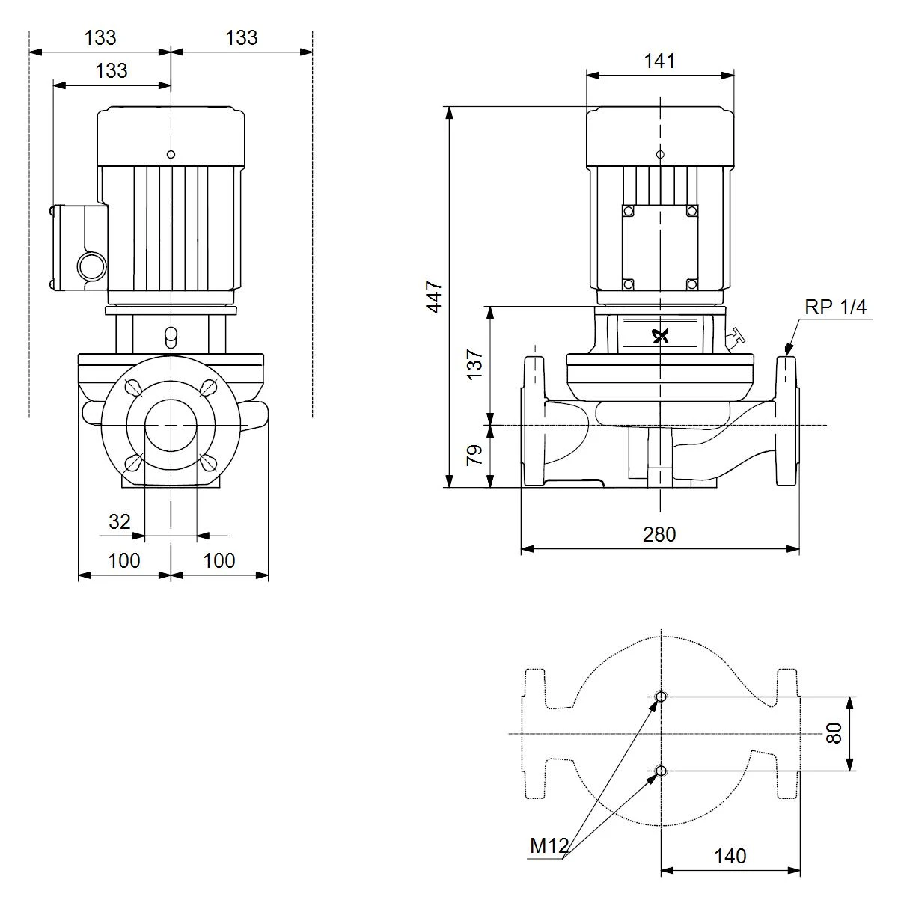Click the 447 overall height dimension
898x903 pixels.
[434, 296]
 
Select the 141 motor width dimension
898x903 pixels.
[659, 61]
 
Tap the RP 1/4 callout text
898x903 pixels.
[835, 307]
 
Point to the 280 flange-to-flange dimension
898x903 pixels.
[659, 534]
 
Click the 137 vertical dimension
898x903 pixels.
[474, 364]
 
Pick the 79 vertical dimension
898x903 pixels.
[474, 455]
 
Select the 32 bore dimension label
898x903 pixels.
[119, 521]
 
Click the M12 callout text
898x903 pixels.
[549, 846]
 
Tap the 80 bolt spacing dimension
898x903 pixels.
[834, 733]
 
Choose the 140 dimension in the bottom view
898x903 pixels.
[730, 856]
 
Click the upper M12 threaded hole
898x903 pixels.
[661, 697]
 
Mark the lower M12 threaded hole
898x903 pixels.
[661, 771]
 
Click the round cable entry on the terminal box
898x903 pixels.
[91, 266]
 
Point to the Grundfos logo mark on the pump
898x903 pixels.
[661, 335]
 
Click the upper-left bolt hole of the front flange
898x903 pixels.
[134, 388]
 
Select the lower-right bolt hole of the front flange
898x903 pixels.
[208, 462]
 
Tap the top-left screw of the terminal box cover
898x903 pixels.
[629, 211]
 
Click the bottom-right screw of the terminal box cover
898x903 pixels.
[691, 284]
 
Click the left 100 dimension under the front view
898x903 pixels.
[123, 560]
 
